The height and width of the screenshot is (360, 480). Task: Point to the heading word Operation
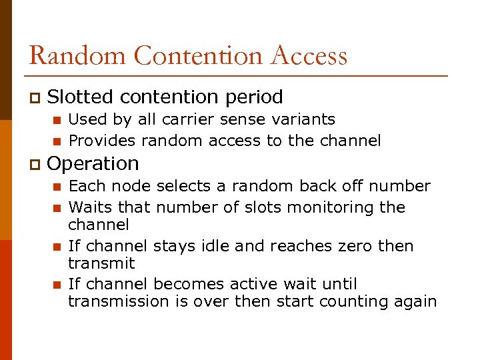click(93, 163)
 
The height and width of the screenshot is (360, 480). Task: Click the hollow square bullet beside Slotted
click(34, 98)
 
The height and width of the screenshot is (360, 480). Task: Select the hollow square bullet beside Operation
click(34, 164)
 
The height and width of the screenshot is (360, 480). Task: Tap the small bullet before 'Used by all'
click(57, 121)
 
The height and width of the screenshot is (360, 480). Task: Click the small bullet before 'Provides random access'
click(57, 141)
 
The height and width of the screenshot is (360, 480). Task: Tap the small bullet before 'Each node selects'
click(57, 187)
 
